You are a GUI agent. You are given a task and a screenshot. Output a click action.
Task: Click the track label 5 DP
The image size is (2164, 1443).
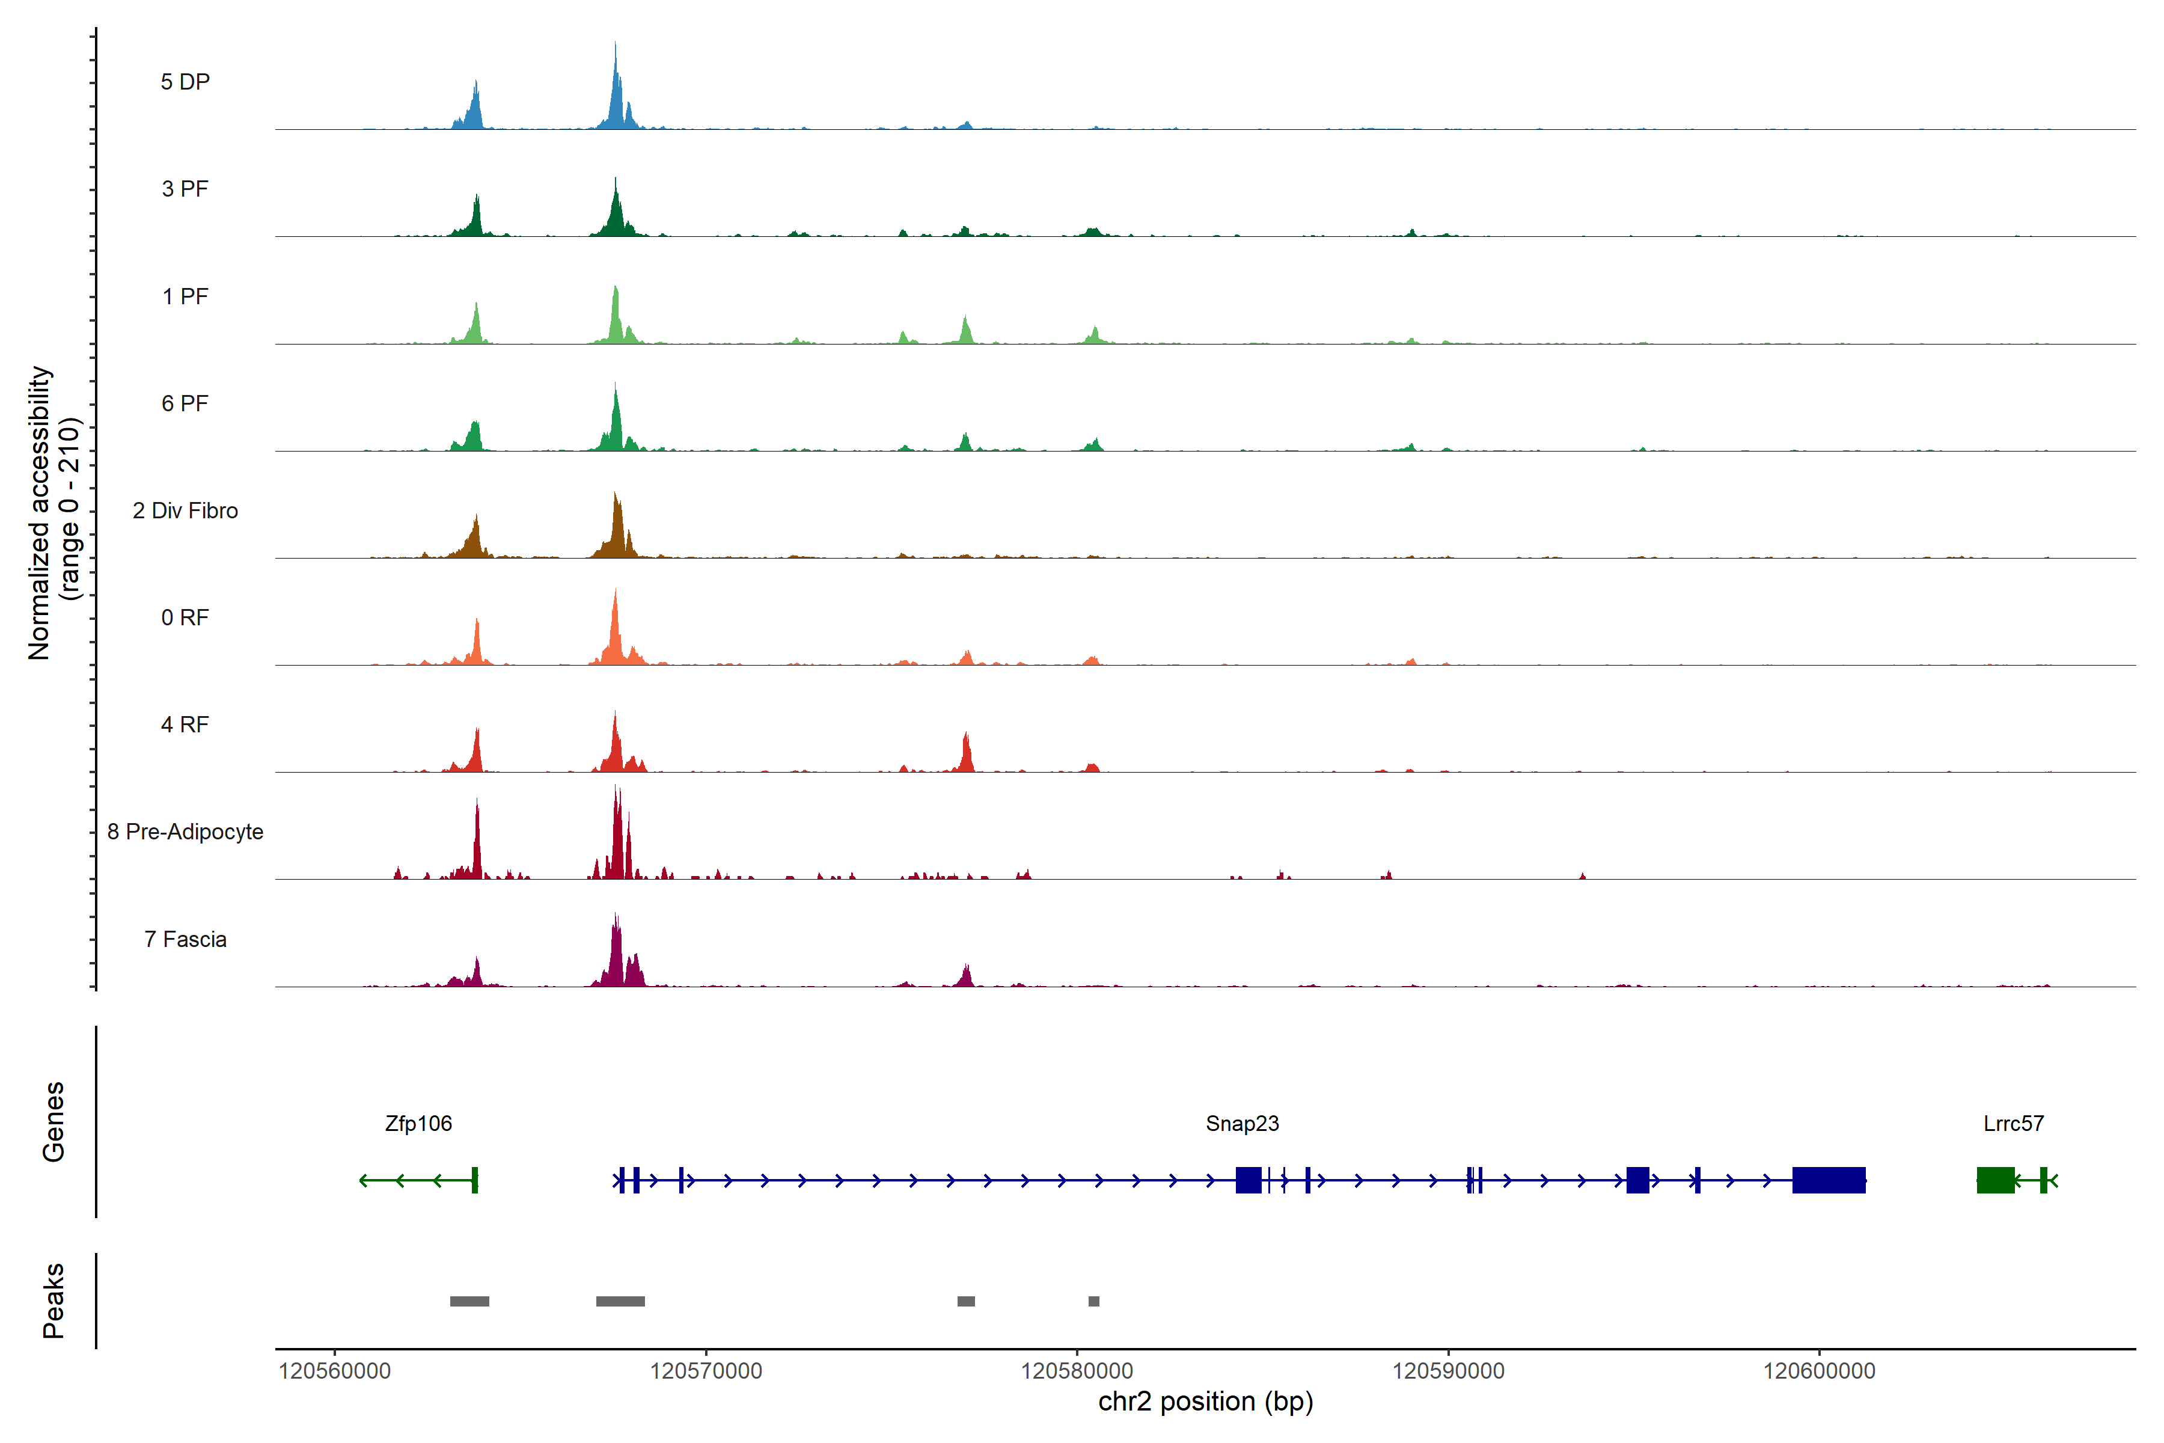[185, 82]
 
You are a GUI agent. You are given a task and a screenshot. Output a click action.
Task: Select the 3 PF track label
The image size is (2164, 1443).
[185, 189]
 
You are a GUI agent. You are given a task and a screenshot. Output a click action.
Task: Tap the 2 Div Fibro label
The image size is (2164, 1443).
[185, 510]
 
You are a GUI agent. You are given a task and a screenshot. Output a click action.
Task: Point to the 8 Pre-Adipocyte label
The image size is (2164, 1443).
[185, 832]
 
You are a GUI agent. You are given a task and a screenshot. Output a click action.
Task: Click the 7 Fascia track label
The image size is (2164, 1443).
[185, 940]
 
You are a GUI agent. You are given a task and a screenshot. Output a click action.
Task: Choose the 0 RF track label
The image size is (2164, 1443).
[185, 617]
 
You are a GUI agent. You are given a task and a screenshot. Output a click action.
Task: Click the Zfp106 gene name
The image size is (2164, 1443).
[418, 1124]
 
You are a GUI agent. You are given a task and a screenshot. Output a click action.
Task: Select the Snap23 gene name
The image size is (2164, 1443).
[1242, 1124]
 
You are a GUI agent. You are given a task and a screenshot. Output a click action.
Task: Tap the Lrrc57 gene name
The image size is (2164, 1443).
[2013, 1124]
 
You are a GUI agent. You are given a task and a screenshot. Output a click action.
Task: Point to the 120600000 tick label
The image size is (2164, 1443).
[1819, 1371]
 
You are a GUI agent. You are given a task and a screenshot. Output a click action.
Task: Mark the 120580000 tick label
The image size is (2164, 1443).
[1077, 1371]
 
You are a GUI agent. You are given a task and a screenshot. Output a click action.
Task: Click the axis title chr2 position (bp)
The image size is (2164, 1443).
[1205, 1402]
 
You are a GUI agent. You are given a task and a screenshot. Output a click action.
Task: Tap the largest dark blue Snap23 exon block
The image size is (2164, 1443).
[1829, 1180]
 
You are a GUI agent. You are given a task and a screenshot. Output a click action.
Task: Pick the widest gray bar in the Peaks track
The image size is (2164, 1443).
[620, 1301]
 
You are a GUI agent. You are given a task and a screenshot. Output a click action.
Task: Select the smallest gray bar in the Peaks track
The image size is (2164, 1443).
[1094, 1301]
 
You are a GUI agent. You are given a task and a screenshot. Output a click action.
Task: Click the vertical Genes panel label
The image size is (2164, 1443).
[53, 1122]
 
